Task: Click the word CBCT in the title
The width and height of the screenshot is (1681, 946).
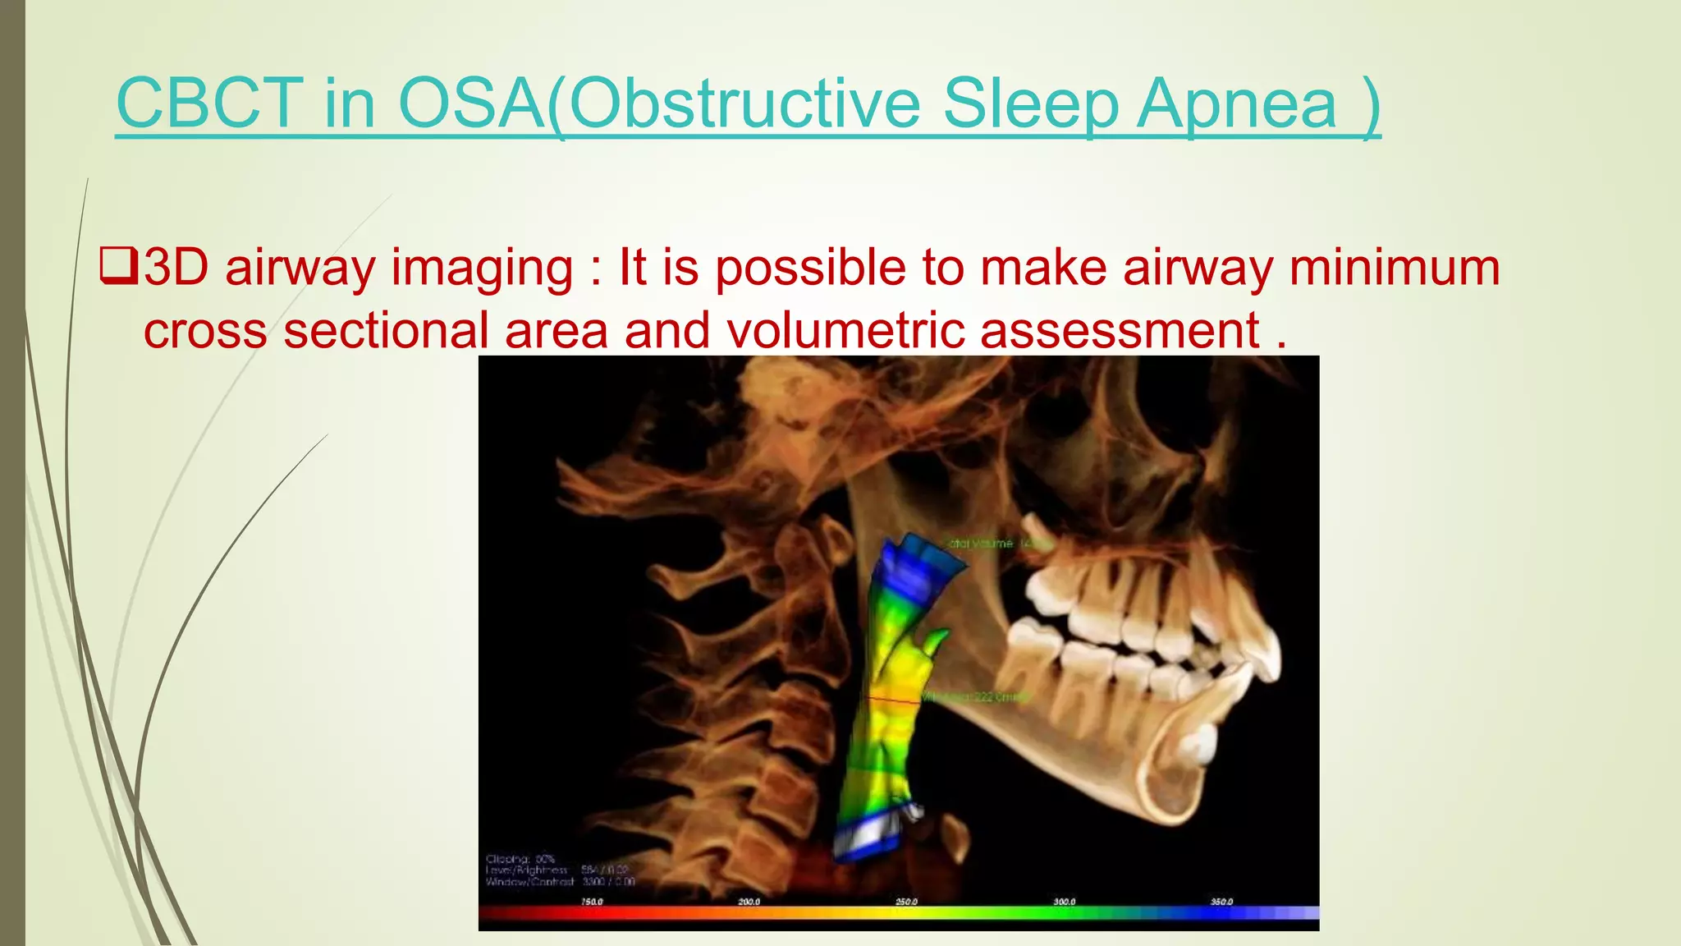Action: pyautogui.click(x=209, y=103)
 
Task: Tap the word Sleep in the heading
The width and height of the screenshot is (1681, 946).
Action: pyautogui.click(x=1031, y=103)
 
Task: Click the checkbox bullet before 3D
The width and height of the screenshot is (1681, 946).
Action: pyautogui.click(x=118, y=268)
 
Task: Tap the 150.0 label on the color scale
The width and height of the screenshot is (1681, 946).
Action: pyautogui.click(x=592, y=902)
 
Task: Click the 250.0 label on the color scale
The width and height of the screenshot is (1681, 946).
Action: pyautogui.click(x=906, y=902)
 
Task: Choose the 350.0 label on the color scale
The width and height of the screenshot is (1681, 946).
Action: pyautogui.click(x=1221, y=902)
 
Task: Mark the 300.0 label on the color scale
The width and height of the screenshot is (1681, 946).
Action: pyautogui.click(x=1064, y=902)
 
